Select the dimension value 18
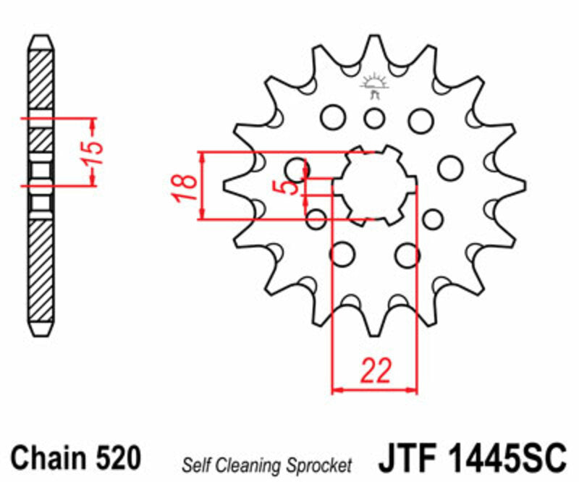click(186, 186)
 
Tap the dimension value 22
click(375, 371)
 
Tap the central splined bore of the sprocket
click(374, 185)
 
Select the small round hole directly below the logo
click(374, 117)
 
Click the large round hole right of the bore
click(449, 167)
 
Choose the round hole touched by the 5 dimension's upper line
click(297, 170)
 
